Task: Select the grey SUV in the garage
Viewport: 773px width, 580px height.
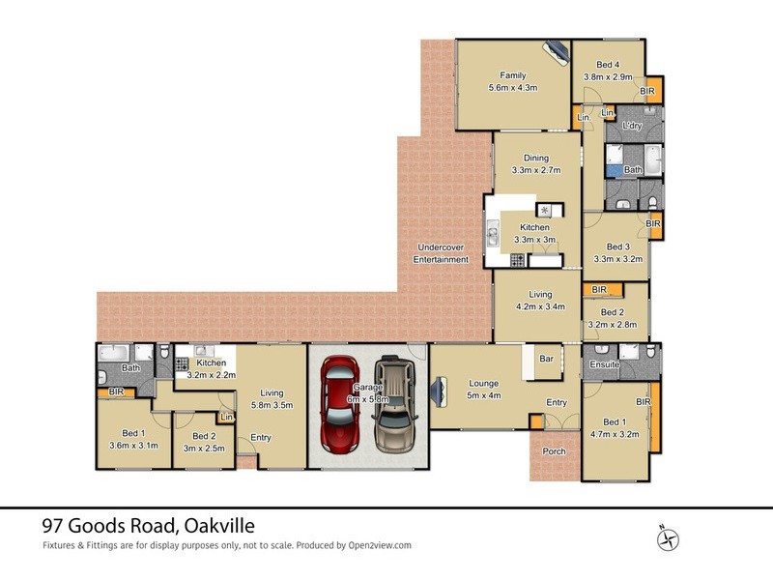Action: point(394,406)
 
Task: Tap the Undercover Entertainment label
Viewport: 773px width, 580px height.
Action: point(441,253)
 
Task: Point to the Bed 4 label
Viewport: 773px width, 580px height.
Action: point(608,70)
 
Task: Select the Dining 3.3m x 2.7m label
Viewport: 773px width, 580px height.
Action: point(536,164)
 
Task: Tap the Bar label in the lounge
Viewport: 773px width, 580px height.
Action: point(546,360)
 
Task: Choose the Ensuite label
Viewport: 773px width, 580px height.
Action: point(605,365)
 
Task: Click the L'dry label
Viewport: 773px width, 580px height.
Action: point(633,127)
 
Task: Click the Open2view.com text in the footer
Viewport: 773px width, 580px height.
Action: point(379,545)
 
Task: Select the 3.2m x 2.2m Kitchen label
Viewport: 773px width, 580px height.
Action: point(211,368)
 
